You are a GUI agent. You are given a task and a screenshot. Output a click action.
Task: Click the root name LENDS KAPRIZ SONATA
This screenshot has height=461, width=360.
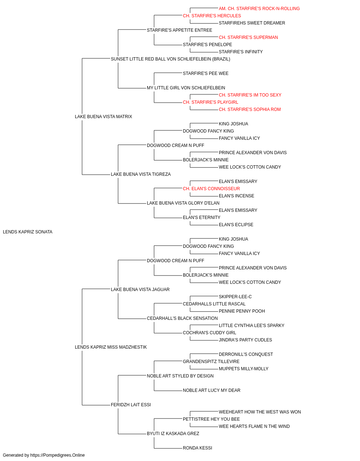tap(28, 232)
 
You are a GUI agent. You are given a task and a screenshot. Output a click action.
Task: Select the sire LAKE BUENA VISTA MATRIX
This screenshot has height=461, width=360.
tap(103, 116)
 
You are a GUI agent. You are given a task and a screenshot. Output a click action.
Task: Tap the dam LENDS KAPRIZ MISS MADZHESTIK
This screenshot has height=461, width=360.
tap(111, 347)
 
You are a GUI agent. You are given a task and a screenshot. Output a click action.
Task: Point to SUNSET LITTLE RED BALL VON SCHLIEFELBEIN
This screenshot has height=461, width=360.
tap(170, 59)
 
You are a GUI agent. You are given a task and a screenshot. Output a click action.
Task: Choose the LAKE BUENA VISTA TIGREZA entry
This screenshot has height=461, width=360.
tap(141, 174)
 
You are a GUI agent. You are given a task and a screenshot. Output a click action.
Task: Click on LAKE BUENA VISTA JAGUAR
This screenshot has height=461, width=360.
tap(140, 289)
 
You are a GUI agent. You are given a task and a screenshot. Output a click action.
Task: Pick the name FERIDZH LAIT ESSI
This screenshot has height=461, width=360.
tap(131, 404)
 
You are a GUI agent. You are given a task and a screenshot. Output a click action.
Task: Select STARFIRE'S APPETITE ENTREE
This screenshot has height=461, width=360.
tap(180, 30)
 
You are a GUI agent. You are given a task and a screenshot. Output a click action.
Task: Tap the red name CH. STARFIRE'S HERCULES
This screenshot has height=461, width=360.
tap(212, 16)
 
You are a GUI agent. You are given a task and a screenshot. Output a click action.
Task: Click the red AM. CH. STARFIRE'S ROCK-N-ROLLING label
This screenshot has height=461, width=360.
tap(259, 9)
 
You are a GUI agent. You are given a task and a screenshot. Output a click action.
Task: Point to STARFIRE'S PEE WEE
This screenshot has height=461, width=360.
tap(206, 73)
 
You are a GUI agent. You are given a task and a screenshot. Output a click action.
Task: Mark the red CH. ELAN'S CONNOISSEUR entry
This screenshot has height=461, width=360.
tap(211, 189)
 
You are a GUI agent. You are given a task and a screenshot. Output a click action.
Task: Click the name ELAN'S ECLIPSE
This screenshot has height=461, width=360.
tap(236, 225)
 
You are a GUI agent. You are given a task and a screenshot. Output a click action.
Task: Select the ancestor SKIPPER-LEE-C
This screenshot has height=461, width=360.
tap(235, 296)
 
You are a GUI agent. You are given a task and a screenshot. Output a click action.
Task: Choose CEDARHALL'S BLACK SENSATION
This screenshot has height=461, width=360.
tap(182, 318)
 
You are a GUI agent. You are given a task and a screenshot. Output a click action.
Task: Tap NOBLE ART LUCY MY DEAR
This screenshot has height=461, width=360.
tap(212, 390)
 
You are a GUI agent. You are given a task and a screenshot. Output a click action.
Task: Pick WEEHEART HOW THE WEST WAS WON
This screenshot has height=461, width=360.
tap(260, 412)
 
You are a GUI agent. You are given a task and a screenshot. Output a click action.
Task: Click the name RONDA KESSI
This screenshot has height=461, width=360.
tap(197, 448)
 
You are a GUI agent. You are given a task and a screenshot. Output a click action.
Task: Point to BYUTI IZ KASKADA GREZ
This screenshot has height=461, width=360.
tap(173, 433)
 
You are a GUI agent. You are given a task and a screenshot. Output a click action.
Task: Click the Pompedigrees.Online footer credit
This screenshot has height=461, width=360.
tap(44, 455)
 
